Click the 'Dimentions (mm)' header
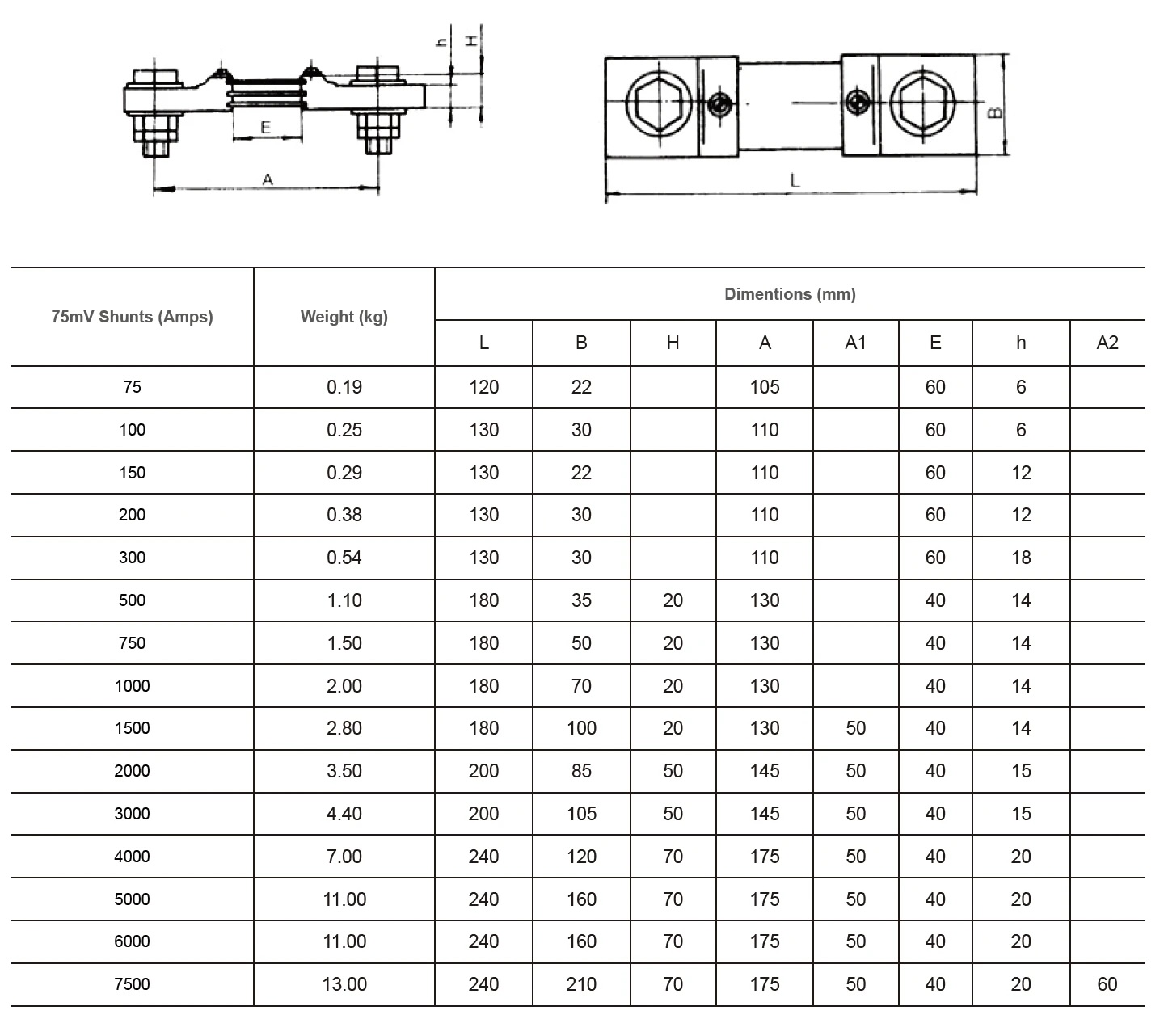coord(790,294)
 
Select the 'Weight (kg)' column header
coord(344,317)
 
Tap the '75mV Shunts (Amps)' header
coord(132,317)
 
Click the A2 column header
coord(1107,343)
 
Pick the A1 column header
coord(856,343)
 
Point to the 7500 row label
coord(132,983)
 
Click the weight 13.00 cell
coord(344,983)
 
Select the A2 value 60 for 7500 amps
coord(1107,983)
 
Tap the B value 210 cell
coord(581,983)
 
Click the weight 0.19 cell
coord(344,386)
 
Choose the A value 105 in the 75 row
coord(765,386)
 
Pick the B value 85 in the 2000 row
coord(581,770)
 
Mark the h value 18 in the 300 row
coord(1021,558)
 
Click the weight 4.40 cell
coord(344,813)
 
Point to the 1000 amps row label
coord(132,686)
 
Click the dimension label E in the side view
coord(266,128)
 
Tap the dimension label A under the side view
coord(268,179)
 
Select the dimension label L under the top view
coord(795,181)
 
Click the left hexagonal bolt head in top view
coord(659,104)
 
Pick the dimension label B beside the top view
coord(995,112)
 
